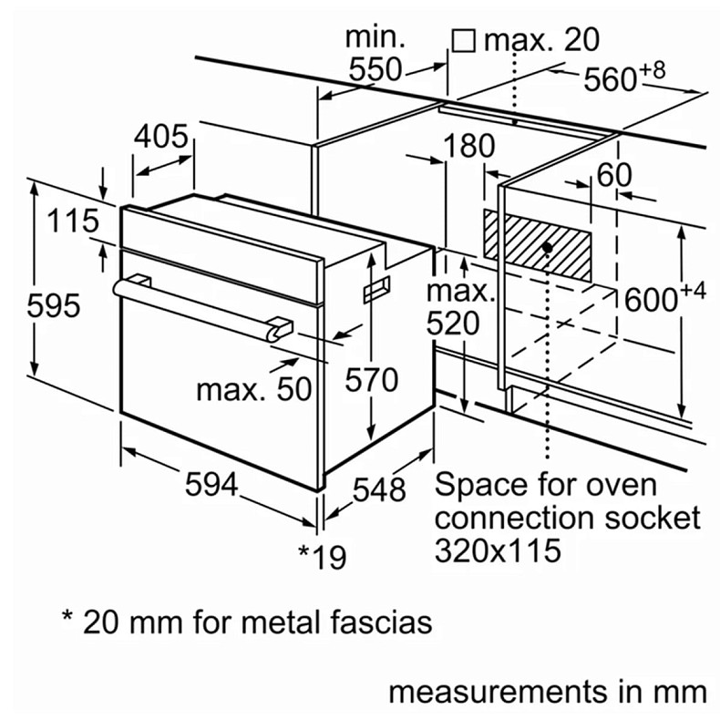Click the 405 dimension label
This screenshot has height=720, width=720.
coord(161,138)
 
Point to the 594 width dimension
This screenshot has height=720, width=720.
coord(211,486)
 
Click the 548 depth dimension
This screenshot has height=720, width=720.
coord(377,489)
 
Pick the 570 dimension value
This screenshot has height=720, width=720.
coord(371,379)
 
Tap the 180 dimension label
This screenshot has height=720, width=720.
coord(470,146)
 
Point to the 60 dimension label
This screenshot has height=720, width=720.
coord(614,175)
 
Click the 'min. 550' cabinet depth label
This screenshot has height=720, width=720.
coord(375,54)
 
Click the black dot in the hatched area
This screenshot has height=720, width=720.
coord(547,245)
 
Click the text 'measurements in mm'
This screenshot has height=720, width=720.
coord(548,690)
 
